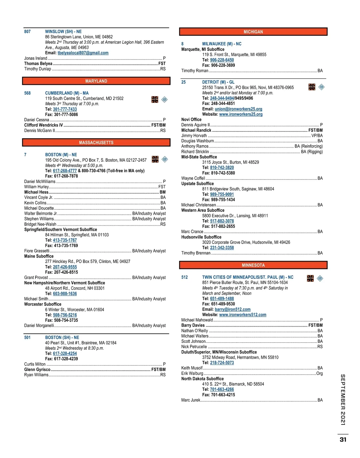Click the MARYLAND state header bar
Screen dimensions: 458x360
tap(96, 81)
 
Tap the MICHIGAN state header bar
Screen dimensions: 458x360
tap(253, 32)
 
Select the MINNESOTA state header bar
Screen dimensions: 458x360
tap(253, 265)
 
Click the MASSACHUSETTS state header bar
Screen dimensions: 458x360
tap(96, 142)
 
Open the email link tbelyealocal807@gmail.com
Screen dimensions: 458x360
tap(83, 53)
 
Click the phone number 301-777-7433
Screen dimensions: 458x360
tap(65, 109)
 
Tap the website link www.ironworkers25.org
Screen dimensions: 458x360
tap(241, 114)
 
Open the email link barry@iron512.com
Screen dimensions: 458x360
tap(232, 309)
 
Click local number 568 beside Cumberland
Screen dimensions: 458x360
tap(27, 93)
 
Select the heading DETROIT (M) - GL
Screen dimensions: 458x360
tap(218, 82)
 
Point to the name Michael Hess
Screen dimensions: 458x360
tap(36, 192)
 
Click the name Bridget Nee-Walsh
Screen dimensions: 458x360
tap(40, 224)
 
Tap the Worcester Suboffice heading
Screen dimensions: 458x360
tap(43, 304)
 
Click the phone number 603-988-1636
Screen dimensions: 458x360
tap(65, 294)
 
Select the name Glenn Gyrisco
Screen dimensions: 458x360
tap(37, 370)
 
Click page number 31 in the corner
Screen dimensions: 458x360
tap(343, 439)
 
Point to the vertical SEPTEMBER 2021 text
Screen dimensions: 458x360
tap(343, 400)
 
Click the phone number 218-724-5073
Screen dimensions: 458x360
tap(222, 363)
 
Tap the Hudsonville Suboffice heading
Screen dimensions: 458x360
tap(201, 237)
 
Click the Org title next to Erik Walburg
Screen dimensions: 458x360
tap(319, 373)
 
